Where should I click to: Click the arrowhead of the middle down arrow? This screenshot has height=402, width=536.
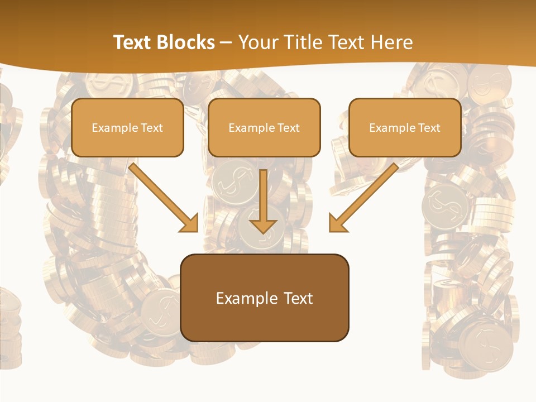tap(264, 226)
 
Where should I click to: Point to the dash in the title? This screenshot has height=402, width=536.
tap(226, 43)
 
